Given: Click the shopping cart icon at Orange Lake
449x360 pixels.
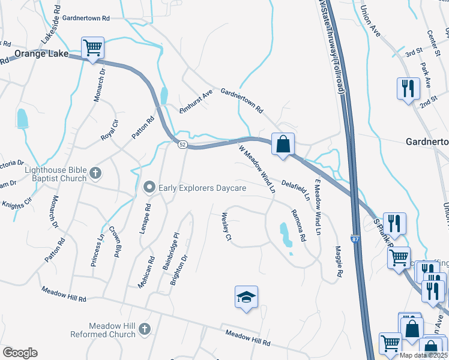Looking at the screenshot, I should pyautogui.click(x=92, y=47).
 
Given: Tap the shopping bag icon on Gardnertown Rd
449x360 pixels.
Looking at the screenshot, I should pyautogui.click(x=283, y=144).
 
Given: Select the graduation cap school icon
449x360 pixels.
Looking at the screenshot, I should pyautogui.click(x=246, y=297).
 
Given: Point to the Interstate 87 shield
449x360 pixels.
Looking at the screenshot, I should pyautogui.click(x=355, y=239).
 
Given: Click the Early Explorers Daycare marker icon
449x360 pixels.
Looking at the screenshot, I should pyautogui.click(x=149, y=188).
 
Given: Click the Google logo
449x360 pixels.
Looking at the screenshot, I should pyautogui.click(x=20, y=353).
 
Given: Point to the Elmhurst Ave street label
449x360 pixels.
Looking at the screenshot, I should pyautogui.click(x=196, y=102).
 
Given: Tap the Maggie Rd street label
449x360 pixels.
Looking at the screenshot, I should pyautogui.click(x=339, y=262).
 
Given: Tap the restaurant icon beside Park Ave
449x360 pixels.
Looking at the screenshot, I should pyautogui.click(x=408, y=89).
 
